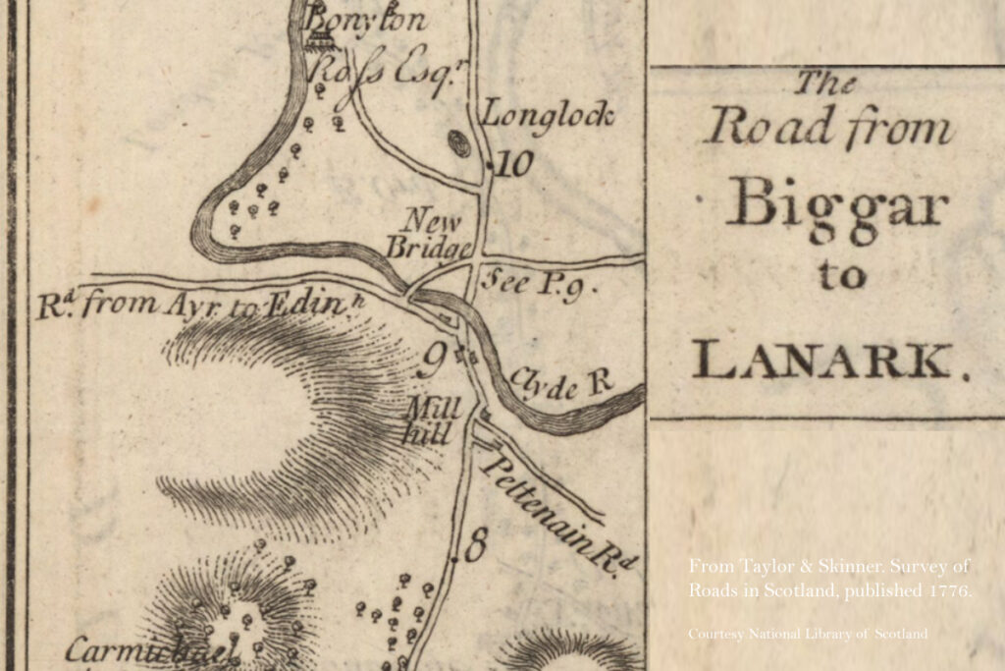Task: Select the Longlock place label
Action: click(548, 115)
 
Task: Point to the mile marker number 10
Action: click(514, 164)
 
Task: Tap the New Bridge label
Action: click(429, 232)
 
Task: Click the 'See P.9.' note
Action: click(537, 284)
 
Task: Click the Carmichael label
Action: click(152, 650)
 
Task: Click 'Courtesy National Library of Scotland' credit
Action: click(808, 635)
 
